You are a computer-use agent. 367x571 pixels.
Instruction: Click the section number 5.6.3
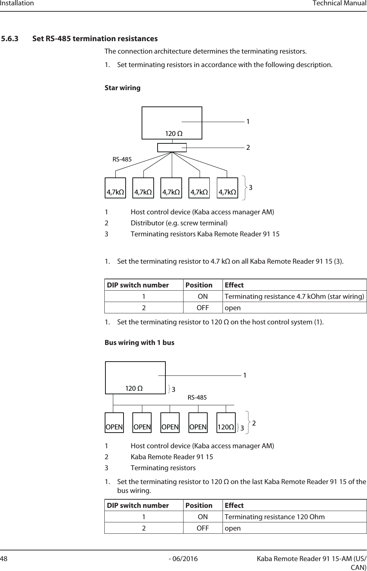tap(10, 38)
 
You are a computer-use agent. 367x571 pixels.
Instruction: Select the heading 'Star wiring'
tap(122, 88)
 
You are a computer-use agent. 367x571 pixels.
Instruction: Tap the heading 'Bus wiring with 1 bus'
tap(139, 342)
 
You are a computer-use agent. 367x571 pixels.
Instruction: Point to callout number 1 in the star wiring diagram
tap(248, 122)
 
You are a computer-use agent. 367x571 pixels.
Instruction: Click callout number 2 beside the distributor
tap(248, 147)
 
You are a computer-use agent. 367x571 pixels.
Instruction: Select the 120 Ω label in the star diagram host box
tap(174, 134)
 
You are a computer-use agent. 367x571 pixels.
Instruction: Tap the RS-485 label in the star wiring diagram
tap(122, 159)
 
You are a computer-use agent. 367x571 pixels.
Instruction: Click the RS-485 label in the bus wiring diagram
tap(197, 398)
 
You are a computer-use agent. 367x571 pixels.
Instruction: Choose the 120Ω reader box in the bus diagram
tap(226, 427)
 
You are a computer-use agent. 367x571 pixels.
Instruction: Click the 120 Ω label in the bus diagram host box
tap(135, 389)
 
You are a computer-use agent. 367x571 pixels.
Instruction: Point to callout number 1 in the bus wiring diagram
tap(245, 375)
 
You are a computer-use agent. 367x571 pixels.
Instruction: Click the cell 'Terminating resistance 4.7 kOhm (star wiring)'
tap(295, 296)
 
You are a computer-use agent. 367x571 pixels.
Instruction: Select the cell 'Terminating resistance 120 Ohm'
tap(274, 517)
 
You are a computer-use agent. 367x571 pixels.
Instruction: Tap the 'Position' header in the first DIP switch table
tap(199, 285)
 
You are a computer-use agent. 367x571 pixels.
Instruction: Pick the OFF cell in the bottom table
tap(203, 528)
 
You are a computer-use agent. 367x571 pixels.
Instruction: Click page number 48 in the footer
tap(4, 559)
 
